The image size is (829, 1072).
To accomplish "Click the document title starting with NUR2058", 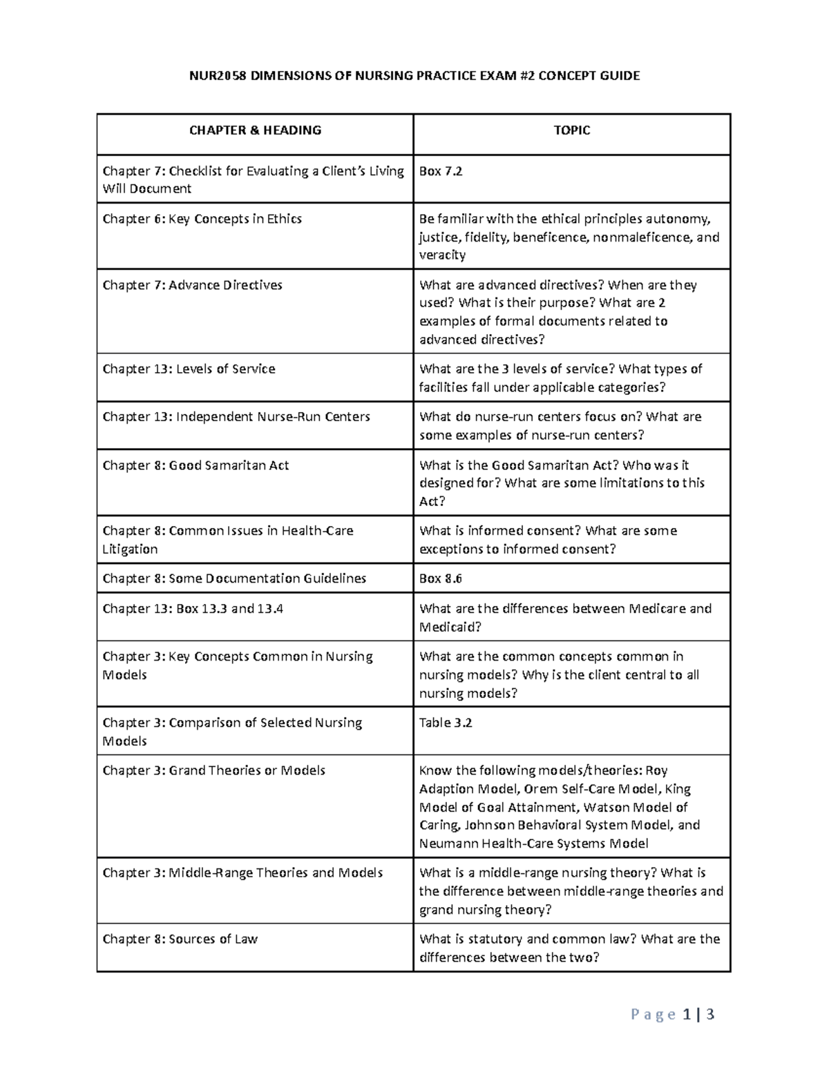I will tap(414, 76).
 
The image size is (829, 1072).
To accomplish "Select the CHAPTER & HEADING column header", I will tap(255, 130).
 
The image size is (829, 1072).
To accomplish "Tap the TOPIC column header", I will tap(571, 130).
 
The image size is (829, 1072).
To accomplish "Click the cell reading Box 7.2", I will tap(441, 171).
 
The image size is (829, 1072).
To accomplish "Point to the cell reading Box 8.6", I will tap(441, 578).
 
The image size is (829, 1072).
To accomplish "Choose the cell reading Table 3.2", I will tap(446, 723).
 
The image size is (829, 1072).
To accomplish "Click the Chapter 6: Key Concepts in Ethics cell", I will tap(202, 219).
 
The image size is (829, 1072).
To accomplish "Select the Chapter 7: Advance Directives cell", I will tap(193, 285).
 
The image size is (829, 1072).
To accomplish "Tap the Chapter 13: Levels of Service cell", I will tap(189, 369).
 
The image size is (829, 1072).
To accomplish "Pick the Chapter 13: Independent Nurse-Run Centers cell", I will tap(236, 416).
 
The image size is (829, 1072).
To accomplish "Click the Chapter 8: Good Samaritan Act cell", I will tap(196, 465).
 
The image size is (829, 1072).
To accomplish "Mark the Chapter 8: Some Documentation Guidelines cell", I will tap(234, 578).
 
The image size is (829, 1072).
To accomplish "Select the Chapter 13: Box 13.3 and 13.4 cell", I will tap(193, 608).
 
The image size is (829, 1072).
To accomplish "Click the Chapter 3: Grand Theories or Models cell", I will tap(214, 770).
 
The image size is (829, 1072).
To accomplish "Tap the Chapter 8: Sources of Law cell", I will tap(180, 939).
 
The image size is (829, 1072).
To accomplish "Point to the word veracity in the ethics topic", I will tap(442, 255).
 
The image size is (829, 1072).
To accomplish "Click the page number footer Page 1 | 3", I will tap(672, 1014).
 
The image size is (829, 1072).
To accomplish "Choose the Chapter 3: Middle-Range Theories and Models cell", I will tap(242, 873).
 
